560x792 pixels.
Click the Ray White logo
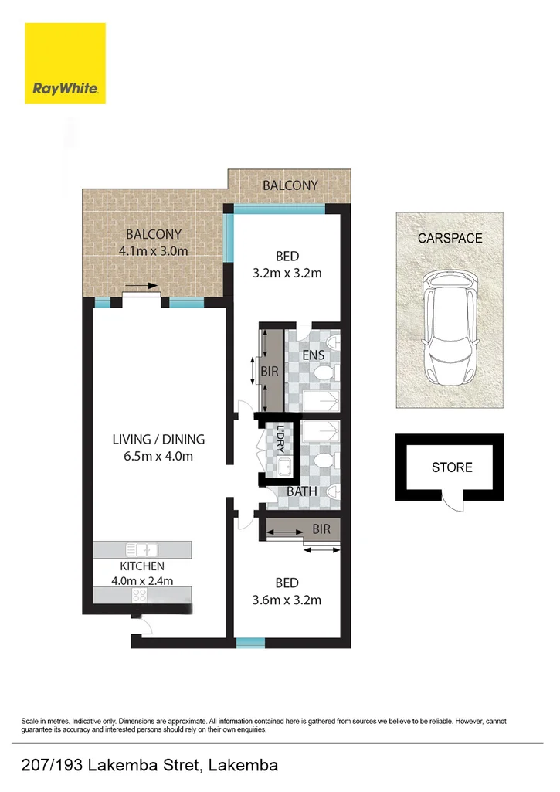65,63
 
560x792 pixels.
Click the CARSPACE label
450,238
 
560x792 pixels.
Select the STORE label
452,467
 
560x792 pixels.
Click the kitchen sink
142,549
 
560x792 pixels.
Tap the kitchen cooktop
141,595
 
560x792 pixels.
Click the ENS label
313,355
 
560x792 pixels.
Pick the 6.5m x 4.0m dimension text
158,456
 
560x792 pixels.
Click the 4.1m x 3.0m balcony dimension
154,250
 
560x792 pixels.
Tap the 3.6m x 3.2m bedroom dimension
287,600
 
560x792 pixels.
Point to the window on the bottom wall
250,642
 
